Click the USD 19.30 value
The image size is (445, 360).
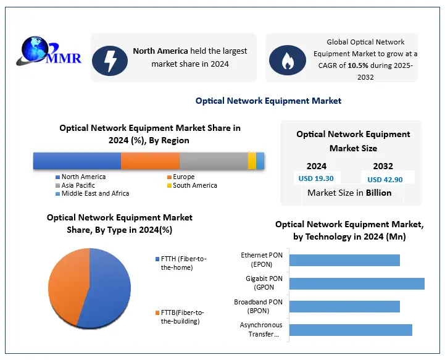click(316, 178)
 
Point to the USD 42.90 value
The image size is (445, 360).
click(385, 179)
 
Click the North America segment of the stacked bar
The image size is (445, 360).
click(77, 161)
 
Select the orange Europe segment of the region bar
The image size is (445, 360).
click(150, 161)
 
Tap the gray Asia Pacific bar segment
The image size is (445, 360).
click(214, 161)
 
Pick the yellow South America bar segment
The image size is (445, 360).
click(252, 161)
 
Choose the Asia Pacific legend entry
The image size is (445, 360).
click(78, 185)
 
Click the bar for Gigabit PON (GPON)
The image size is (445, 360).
click(356, 283)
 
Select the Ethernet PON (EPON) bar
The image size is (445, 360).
click(344, 260)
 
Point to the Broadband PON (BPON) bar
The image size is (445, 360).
click(344, 306)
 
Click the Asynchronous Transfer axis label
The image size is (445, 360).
click(261, 330)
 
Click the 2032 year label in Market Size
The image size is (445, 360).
click(383, 166)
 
